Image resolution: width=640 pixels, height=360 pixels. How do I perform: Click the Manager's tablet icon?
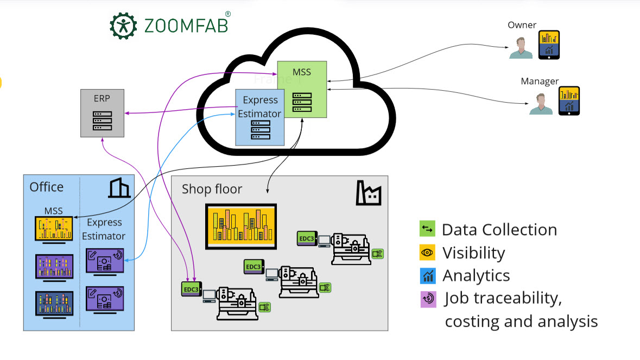(x=569, y=101)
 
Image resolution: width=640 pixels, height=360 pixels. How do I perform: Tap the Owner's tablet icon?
(x=549, y=45)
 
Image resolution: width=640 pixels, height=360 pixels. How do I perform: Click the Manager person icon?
(x=541, y=104)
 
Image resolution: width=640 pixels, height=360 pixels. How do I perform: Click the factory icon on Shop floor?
(x=369, y=192)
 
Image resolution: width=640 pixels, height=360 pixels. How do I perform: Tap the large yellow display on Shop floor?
(x=241, y=226)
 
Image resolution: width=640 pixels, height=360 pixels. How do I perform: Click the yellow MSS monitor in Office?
(x=54, y=229)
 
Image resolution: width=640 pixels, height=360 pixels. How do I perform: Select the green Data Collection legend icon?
(x=428, y=229)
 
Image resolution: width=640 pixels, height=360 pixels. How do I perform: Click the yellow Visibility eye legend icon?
(x=428, y=252)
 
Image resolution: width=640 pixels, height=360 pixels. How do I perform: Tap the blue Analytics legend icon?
(x=428, y=275)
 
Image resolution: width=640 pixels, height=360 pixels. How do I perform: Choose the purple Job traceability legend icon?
(x=428, y=299)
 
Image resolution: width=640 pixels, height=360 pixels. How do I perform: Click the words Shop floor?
(x=212, y=189)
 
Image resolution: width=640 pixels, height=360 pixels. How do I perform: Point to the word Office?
(x=47, y=187)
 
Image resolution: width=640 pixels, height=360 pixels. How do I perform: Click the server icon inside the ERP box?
(x=102, y=120)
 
